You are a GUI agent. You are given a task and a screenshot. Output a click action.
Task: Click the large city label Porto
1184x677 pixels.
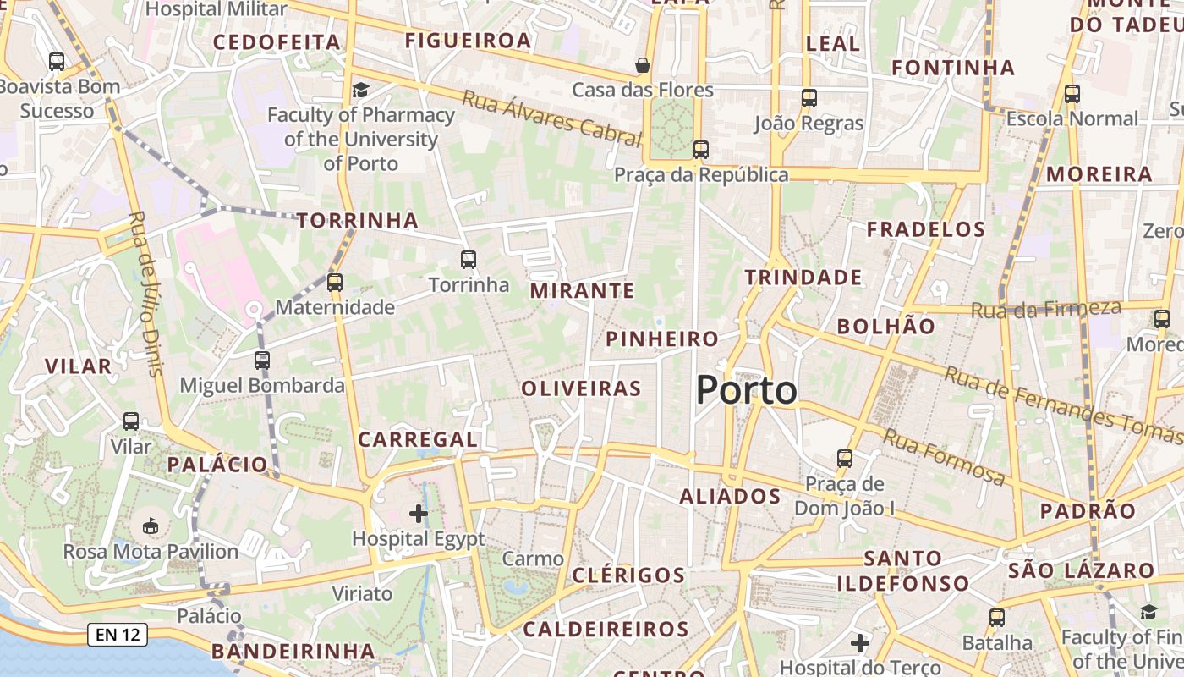click(x=746, y=390)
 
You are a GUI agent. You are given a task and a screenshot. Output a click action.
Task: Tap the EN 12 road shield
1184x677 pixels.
click(x=118, y=634)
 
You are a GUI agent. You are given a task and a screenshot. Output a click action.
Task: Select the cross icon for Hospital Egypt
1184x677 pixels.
click(x=419, y=513)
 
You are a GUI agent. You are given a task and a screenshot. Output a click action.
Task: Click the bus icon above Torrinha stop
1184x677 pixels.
click(x=469, y=260)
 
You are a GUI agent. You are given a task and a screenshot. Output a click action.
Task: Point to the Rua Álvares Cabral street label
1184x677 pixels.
click(x=551, y=117)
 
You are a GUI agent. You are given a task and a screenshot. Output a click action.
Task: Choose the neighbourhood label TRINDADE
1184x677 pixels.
click(x=803, y=278)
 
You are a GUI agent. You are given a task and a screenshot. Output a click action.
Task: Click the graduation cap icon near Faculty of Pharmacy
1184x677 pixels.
click(x=361, y=90)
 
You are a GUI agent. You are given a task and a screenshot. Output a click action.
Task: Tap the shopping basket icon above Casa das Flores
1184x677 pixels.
click(x=643, y=65)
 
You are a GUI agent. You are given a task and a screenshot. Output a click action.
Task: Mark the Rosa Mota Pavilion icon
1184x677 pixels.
click(x=151, y=526)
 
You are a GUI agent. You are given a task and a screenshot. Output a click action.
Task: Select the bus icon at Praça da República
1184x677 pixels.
click(x=700, y=150)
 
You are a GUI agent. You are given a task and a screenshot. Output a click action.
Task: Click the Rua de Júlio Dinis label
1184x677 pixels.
click(x=144, y=293)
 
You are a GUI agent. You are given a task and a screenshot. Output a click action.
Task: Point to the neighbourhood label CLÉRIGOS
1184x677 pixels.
click(x=628, y=575)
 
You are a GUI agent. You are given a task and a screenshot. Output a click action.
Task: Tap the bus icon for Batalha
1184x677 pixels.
click(x=997, y=618)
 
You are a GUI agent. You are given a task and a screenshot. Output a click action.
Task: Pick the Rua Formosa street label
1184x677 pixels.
click(x=945, y=457)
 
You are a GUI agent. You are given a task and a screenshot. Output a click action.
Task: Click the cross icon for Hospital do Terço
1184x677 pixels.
click(x=860, y=643)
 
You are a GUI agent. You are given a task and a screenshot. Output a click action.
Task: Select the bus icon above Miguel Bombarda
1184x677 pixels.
click(x=262, y=361)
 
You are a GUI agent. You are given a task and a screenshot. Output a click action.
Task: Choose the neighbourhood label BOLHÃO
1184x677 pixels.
click(x=886, y=327)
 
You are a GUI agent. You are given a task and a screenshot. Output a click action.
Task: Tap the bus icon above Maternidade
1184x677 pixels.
click(x=335, y=283)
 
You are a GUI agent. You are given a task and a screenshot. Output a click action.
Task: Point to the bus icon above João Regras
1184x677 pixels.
click(x=809, y=98)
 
